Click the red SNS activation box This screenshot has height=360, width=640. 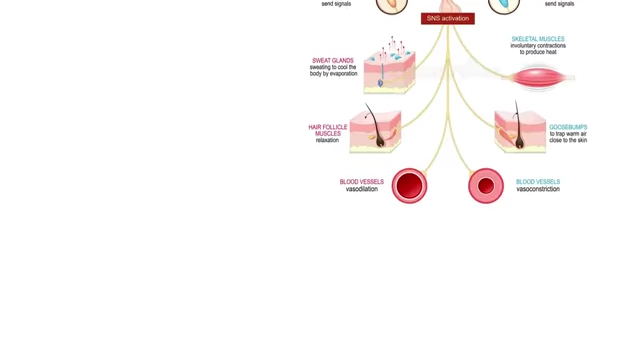pos(448,18)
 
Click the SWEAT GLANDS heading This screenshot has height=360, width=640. pos(333,60)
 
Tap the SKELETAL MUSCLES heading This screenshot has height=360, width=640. pos(538,39)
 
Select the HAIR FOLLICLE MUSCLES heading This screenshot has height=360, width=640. pos(328,130)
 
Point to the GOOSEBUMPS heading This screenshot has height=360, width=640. pos(568,127)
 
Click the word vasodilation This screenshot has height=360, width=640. pos(362,189)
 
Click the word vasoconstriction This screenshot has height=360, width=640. pos(538,189)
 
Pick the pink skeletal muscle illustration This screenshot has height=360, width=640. pos(539,78)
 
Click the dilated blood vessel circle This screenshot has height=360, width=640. pos(409,186)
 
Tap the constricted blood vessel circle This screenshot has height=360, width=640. pos(486,186)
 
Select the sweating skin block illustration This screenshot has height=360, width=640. pos(389,70)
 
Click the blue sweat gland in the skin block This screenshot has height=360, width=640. pos(380,83)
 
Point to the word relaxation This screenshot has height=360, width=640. pos(327,140)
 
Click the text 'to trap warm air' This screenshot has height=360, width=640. pos(568,133)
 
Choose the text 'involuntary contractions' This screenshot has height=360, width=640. pos(538,45)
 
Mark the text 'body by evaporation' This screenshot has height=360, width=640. pos(333,73)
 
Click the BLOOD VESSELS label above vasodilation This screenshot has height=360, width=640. pos(362,182)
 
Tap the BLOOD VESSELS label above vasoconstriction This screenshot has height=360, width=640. pos(538,182)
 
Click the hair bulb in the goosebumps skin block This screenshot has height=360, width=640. pos(519,143)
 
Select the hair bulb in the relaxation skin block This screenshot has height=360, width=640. pos(380,141)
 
